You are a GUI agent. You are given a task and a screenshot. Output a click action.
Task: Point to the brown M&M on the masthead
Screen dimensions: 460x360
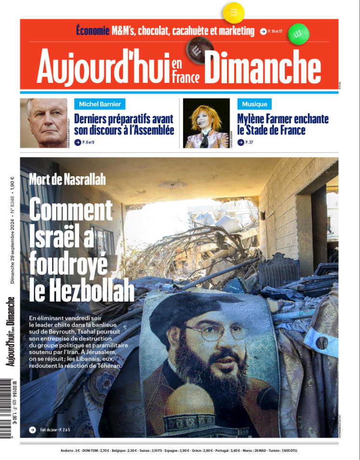pyautogui.click(x=195, y=50)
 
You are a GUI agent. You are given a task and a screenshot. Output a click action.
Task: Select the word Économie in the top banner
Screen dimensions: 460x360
pyautogui.click(x=93, y=31)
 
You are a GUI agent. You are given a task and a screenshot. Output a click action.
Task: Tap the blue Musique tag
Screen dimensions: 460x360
pyautogui.click(x=254, y=104)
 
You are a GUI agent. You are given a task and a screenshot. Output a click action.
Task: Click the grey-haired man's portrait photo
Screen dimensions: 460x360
pyautogui.click(x=47, y=123)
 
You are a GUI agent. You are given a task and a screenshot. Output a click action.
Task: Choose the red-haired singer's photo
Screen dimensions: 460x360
pyautogui.click(x=207, y=123)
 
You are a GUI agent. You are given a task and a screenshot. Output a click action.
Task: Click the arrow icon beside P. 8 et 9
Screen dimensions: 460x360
pyautogui.click(x=78, y=142)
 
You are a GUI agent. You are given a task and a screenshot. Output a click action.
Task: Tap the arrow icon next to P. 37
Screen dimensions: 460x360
pyautogui.click(x=240, y=142)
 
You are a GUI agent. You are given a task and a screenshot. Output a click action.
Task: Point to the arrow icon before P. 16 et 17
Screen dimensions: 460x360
pyautogui.click(x=263, y=32)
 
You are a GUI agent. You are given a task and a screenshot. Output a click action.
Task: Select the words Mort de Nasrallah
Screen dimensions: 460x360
pyautogui.click(x=67, y=180)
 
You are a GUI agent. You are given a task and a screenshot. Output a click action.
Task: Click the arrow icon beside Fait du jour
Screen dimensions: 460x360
pyautogui.click(x=32, y=430)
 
